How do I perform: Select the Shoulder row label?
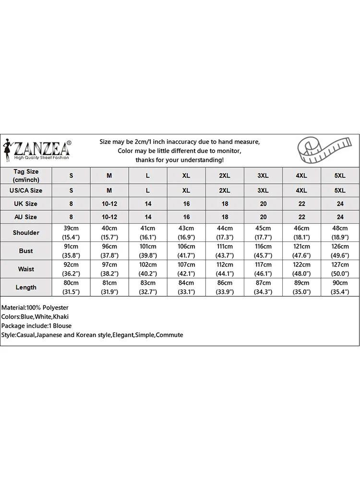(26, 233)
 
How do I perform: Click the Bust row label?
(26, 251)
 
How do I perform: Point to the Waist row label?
(26, 269)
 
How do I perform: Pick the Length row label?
(26, 288)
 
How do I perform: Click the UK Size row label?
(26, 204)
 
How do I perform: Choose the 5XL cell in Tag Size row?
(340, 176)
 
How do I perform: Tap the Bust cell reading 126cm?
(340, 251)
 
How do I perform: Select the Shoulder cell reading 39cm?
(71, 233)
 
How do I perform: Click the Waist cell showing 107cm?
(186, 269)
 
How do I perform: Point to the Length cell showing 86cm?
(225, 288)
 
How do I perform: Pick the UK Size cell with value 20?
(263, 204)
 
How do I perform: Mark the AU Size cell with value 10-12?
(109, 217)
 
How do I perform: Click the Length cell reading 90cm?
(340, 288)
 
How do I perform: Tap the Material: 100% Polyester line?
(35, 308)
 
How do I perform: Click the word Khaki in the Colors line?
(61, 317)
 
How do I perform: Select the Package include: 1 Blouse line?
(36, 326)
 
